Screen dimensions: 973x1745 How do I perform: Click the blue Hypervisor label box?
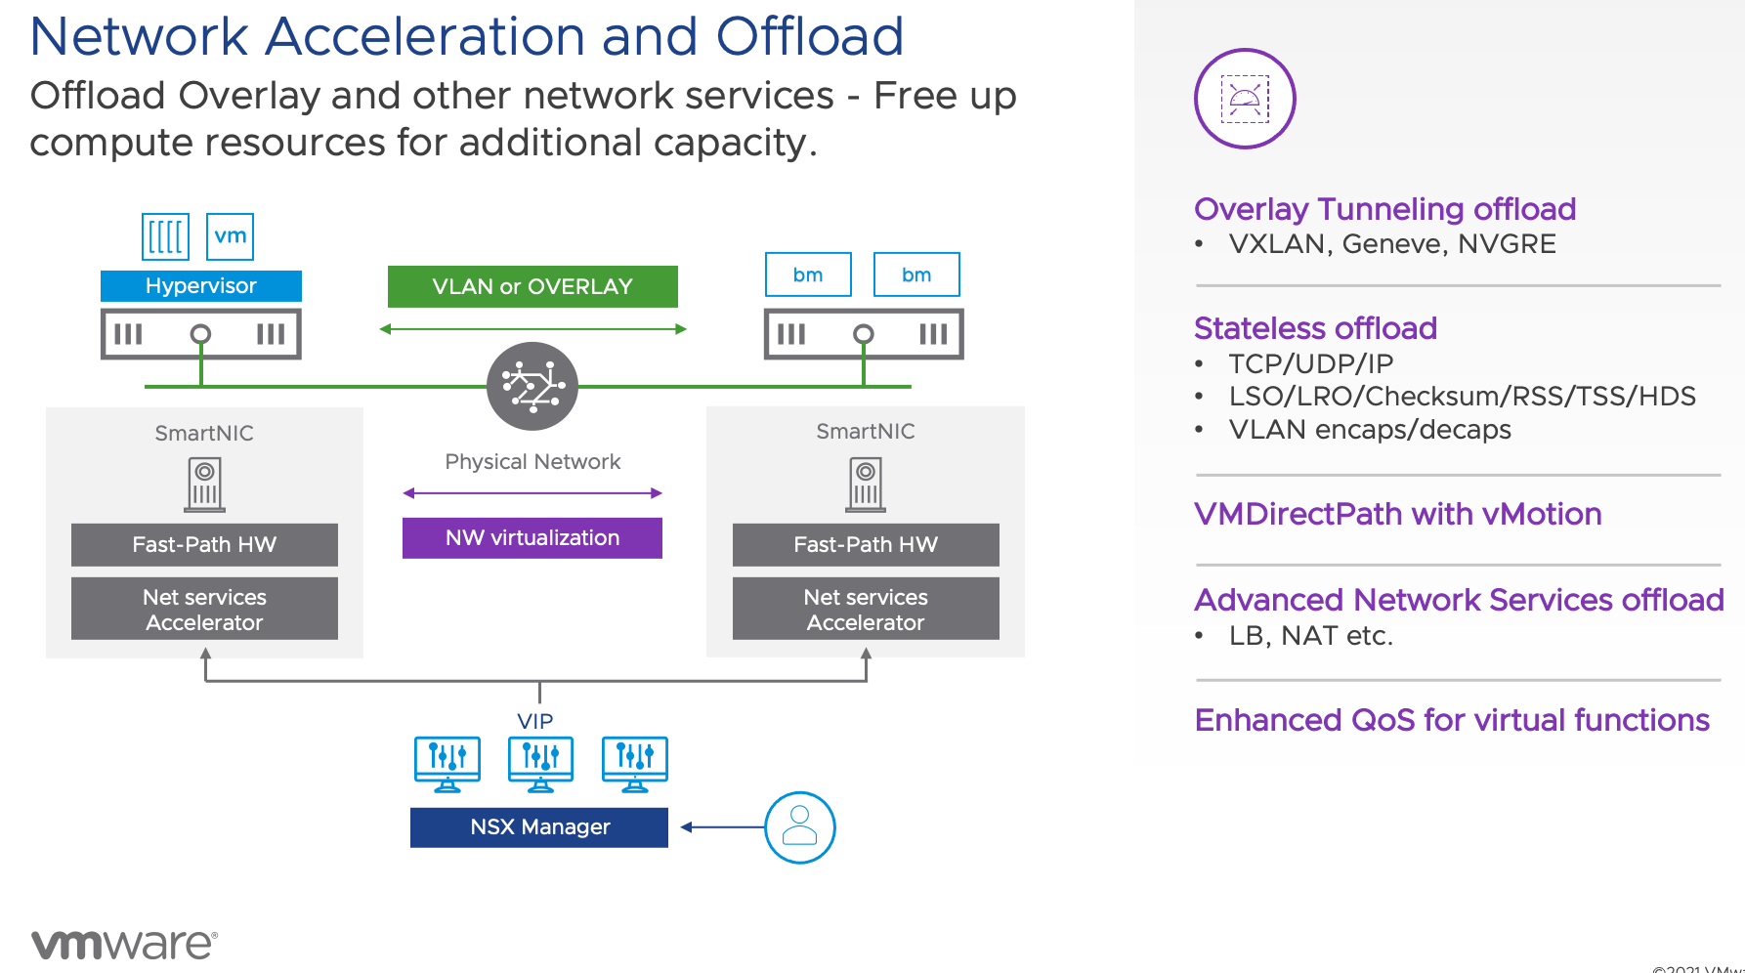(x=200, y=286)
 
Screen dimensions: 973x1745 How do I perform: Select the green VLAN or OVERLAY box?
(x=532, y=287)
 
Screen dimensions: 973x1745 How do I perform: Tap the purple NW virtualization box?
(x=532, y=538)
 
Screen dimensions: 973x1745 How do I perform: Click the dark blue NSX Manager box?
(x=539, y=827)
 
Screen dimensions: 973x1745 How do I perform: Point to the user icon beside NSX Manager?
(x=799, y=827)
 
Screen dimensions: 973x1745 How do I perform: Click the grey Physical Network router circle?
(x=532, y=386)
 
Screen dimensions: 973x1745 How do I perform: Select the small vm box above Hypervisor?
(x=231, y=236)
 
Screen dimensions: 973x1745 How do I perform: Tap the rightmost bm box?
(x=915, y=275)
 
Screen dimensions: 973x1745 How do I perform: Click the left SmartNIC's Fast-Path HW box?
(x=204, y=545)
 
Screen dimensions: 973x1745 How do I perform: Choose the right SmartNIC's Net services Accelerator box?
(x=866, y=610)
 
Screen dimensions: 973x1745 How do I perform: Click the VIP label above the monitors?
(x=535, y=721)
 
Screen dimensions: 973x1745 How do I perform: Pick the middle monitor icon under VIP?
(x=540, y=763)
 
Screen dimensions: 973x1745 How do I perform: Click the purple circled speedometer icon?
(x=1245, y=99)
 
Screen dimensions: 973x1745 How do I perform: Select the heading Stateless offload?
(x=1315, y=328)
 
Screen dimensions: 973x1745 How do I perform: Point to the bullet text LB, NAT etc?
(x=1310, y=636)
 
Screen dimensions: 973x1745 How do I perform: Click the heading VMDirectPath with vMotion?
(x=1397, y=514)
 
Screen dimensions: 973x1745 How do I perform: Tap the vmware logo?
(x=124, y=944)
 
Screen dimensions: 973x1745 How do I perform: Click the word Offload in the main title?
(x=809, y=36)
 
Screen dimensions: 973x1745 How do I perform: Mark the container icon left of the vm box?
(x=165, y=236)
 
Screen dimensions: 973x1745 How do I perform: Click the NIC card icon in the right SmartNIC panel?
(x=866, y=485)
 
